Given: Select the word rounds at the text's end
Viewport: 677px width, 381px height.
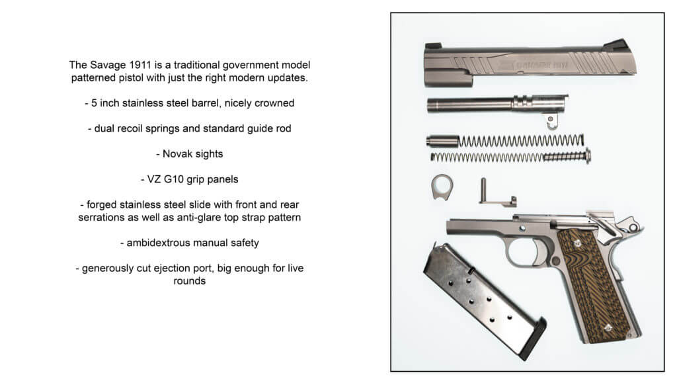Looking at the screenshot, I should (x=190, y=281).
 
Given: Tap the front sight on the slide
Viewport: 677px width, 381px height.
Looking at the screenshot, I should (x=432, y=46).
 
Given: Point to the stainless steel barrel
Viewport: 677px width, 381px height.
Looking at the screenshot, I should (x=476, y=105).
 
